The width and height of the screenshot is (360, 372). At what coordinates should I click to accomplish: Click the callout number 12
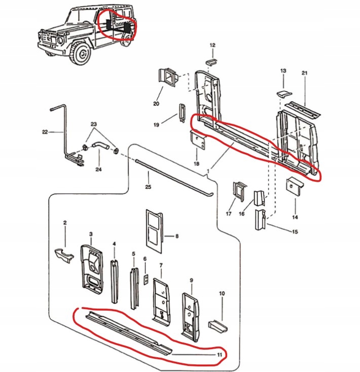(212, 46)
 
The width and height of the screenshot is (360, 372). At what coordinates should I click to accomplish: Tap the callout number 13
(283, 71)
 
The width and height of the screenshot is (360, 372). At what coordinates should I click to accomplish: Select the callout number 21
(305, 74)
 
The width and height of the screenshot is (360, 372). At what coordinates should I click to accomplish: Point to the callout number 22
(45, 132)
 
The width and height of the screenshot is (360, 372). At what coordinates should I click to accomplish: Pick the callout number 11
(219, 355)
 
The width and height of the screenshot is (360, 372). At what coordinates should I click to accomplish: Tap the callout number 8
(176, 236)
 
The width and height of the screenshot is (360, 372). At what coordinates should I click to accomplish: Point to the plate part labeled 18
(197, 140)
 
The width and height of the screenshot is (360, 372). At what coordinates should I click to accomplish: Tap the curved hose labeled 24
(99, 147)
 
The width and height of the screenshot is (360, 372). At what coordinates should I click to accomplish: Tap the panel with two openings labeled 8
(154, 230)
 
